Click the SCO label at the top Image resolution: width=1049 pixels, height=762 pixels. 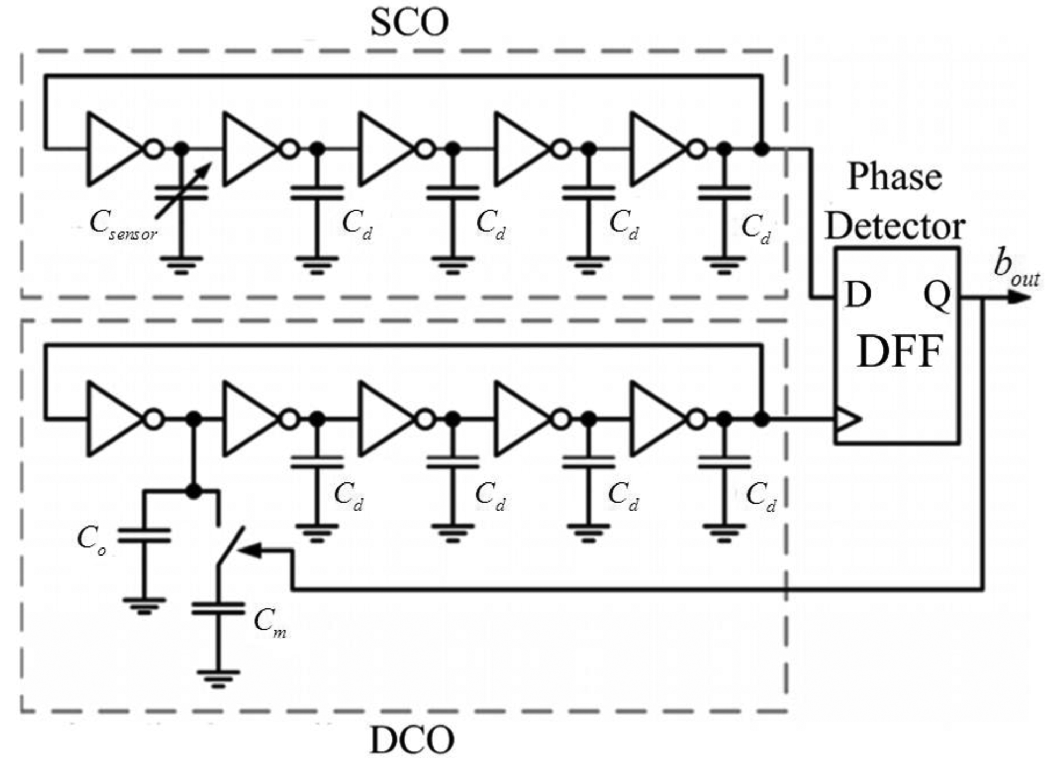tap(409, 24)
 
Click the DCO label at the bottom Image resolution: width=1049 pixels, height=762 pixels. tap(412, 740)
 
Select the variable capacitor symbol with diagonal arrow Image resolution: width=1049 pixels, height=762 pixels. tap(182, 193)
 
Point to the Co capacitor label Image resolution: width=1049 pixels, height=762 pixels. tap(92, 539)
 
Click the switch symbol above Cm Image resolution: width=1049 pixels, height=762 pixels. tap(230, 546)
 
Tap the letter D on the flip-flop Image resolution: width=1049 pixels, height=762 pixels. tap(857, 295)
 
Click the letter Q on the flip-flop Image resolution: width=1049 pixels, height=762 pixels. tap(936, 295)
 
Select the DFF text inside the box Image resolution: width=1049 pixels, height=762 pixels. tap(900, 352)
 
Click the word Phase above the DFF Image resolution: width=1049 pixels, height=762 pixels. tap(894, 177)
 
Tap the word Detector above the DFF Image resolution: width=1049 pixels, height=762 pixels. tap(894, 226)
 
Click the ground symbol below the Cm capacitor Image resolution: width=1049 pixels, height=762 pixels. tap(218, 678)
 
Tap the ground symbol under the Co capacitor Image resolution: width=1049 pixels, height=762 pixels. tap(143, 605)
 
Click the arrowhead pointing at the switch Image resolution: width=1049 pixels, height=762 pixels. tap(250, 550)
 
